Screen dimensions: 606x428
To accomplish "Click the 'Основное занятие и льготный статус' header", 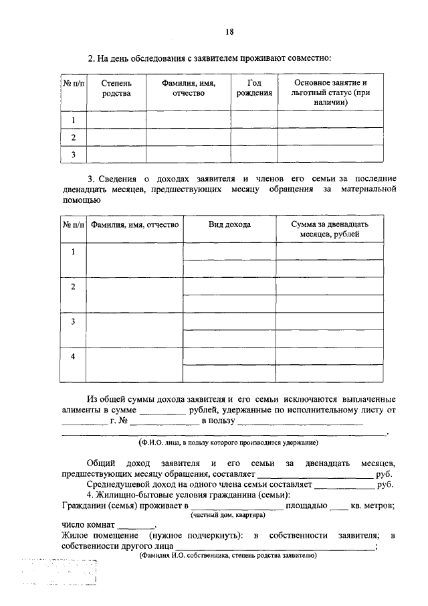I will pos(330,93).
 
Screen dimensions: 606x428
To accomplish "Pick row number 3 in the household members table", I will pos(74,155).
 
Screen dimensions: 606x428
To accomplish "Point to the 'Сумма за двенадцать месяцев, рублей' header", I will pos(330,230).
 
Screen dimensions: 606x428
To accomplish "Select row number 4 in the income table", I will pos(74,356).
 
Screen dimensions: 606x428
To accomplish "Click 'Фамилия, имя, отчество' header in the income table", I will pos(135,225).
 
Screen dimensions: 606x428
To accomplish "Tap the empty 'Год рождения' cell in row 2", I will pos(254,137).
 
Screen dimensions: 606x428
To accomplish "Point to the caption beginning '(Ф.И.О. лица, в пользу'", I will pos(228,443).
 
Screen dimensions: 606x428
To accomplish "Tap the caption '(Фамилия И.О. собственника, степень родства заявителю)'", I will pos(227,556).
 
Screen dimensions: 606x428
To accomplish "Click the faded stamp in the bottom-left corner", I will pos(60,573).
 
